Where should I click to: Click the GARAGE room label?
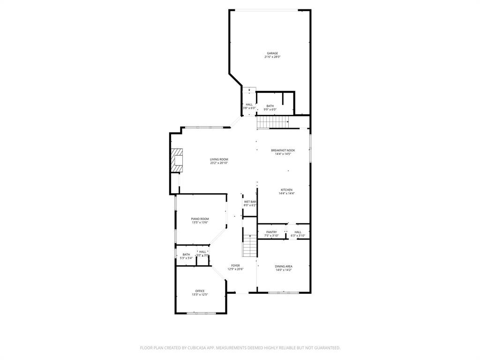tap(272, 53)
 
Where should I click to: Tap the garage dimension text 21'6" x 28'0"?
tap(272, 57)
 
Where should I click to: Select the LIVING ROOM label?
tap(219, 159)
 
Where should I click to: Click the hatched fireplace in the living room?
tap(177, 160)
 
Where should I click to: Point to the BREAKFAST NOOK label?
tap(283, 150)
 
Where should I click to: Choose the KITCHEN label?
tap(286, 190)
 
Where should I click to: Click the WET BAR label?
tap(250, 202)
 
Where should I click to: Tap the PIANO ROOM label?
tap(200, 219)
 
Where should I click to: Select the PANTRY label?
tap(271, 232)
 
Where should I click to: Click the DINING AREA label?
tap(284, 266)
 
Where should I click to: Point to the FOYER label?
tap(235, 265)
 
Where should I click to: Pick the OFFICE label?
tap(200, 291)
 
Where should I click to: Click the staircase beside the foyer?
tap(249, 247)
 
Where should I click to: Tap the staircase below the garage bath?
tap(272, 123)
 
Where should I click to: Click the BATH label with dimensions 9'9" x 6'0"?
tap(270, 106)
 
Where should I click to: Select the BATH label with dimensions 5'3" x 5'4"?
tap(186, 255)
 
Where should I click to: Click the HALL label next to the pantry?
tap(298, 232)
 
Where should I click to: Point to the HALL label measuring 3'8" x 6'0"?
tap(249, 105)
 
